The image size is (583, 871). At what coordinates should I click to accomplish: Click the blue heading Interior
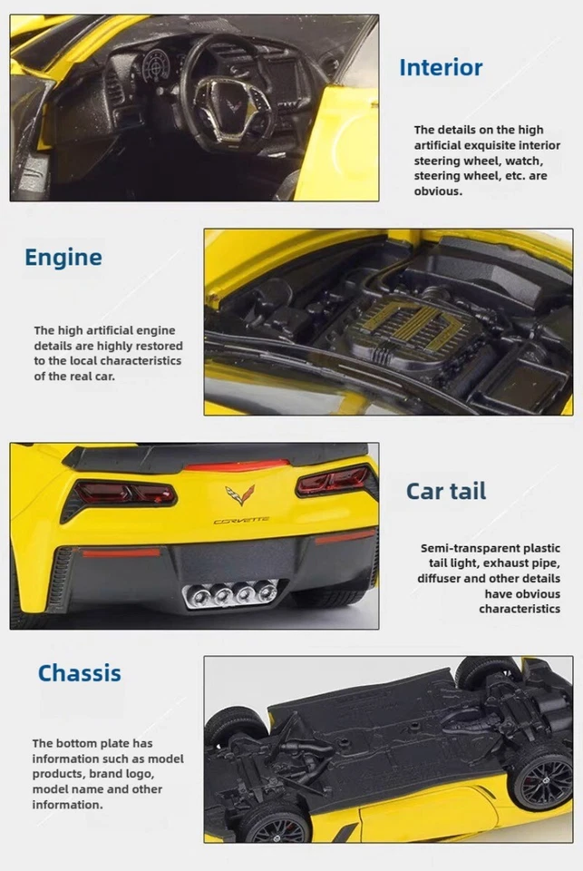pos(441,67)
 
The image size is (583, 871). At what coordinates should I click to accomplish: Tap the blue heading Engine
pos(63,257)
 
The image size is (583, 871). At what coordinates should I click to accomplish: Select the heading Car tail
pos(445,491)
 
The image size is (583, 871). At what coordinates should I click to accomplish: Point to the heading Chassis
pos(79,673)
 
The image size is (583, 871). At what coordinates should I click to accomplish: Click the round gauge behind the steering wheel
pos(157,68)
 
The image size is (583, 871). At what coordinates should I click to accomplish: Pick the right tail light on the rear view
pos(332,479)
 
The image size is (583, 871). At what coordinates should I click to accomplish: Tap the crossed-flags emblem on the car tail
pos(240,494)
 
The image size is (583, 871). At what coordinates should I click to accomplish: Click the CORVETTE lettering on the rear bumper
pos(241,521)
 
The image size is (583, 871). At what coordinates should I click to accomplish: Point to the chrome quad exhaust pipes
pos(230,594)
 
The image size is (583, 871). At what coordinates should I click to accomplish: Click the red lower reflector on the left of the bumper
pos(121,552)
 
